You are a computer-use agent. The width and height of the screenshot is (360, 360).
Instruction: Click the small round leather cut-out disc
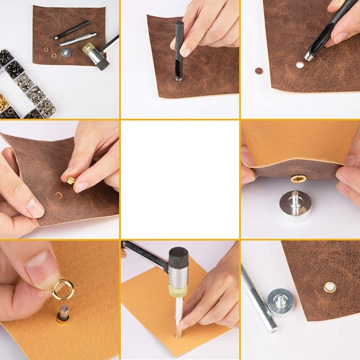(x=259, y=71)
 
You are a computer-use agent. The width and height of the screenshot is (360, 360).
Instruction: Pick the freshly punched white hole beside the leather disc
(x=299, y=65)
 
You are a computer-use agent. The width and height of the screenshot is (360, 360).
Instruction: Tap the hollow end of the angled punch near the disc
(x=310, y=56)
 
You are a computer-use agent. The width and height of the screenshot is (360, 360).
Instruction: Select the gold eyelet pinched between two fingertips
(x=71, y=180)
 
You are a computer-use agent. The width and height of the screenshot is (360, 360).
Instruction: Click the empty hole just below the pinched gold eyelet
(x=59, y=196)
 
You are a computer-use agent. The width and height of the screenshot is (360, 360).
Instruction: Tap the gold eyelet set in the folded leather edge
(x=298, y=179)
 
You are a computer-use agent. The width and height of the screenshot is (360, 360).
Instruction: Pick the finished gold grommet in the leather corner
(x=329, y=286)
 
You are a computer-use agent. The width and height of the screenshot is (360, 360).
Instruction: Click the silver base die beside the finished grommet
(x=281, y=301)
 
